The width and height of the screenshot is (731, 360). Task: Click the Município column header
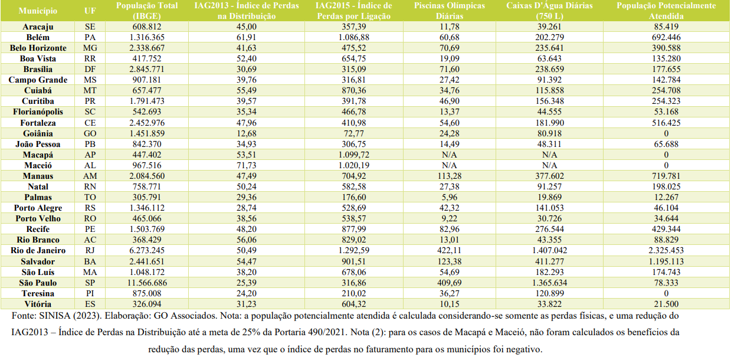(38, 11)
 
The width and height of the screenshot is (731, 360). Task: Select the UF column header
(90, 11)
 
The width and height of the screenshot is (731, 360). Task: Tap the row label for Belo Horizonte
(38, 48)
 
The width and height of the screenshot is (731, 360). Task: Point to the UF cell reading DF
(90, 69)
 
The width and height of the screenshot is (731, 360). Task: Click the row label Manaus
(38, 176)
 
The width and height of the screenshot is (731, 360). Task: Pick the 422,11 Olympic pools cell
(450, 251)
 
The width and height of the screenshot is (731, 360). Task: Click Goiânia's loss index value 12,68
(246, 133)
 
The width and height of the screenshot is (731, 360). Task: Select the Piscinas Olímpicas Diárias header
(450, 11)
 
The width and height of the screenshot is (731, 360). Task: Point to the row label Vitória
(38, 304)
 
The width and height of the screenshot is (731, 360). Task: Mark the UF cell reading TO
(90, 198)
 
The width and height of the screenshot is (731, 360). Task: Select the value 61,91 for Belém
(246, 37)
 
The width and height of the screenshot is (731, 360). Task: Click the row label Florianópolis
(38, 112)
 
